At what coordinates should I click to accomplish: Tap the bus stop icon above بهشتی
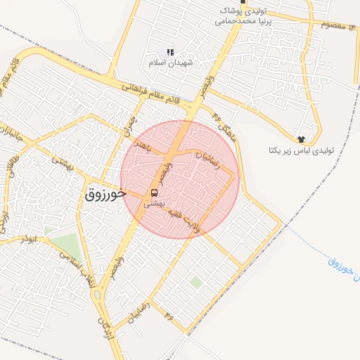click(154, 193)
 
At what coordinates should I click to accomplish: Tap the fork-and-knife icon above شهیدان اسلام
click(169, 52)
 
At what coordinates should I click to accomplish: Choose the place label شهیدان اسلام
click(165, 63)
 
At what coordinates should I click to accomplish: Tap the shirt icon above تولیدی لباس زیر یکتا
click(302, 139)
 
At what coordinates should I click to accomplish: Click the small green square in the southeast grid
click(196, 282)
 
